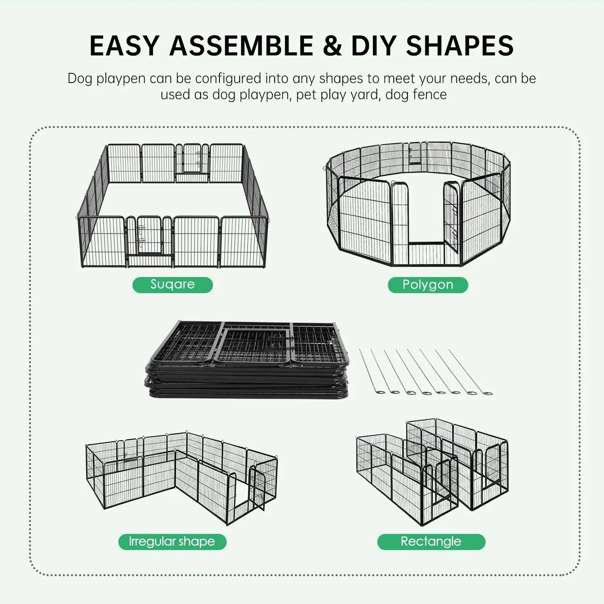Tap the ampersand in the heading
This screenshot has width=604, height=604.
332,46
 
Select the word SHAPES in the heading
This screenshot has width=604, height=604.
459,46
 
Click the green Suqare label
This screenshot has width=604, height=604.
172,285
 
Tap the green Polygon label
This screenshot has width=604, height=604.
428,285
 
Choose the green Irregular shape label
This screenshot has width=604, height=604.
172,542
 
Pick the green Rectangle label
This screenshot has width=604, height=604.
431,542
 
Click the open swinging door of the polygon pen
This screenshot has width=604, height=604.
451,217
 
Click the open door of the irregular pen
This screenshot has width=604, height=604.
258,489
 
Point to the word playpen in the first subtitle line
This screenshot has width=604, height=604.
121,79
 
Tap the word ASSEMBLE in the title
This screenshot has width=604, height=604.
241,46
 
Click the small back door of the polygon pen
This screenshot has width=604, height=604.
415,153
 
